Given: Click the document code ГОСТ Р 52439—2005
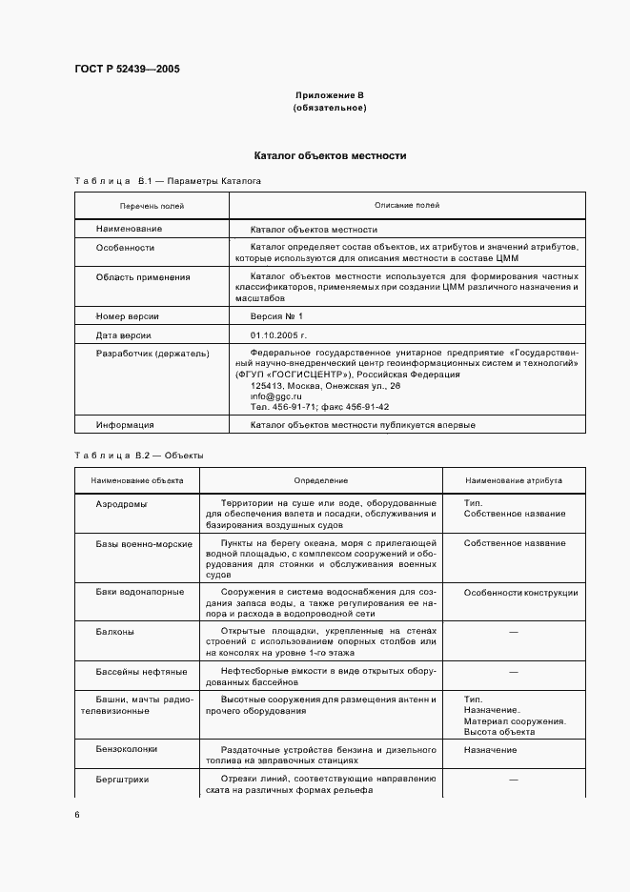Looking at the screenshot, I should coord(127,69).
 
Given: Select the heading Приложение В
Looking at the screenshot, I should coord(330,96).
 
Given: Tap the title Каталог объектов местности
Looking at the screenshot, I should coord(330,154).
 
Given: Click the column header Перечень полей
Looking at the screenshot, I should coord(152,205).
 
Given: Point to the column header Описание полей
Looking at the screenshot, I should coord(407,205).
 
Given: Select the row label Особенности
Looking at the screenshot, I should coord(125,247).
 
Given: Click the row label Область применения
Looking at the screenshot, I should coord(142,276).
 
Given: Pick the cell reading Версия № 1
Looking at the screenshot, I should coord(276,315).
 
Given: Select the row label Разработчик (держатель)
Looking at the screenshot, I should coord(152,354).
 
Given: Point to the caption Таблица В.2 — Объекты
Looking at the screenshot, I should coord(139,455).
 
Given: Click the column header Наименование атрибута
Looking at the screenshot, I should coord(514,481).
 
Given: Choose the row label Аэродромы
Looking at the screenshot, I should coord(121,503).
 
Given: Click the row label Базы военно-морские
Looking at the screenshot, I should coord(143,543).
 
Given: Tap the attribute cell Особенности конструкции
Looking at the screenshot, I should coord(520,593).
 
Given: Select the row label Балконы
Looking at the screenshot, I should coord(114,631).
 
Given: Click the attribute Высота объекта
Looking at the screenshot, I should coord(498,731).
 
